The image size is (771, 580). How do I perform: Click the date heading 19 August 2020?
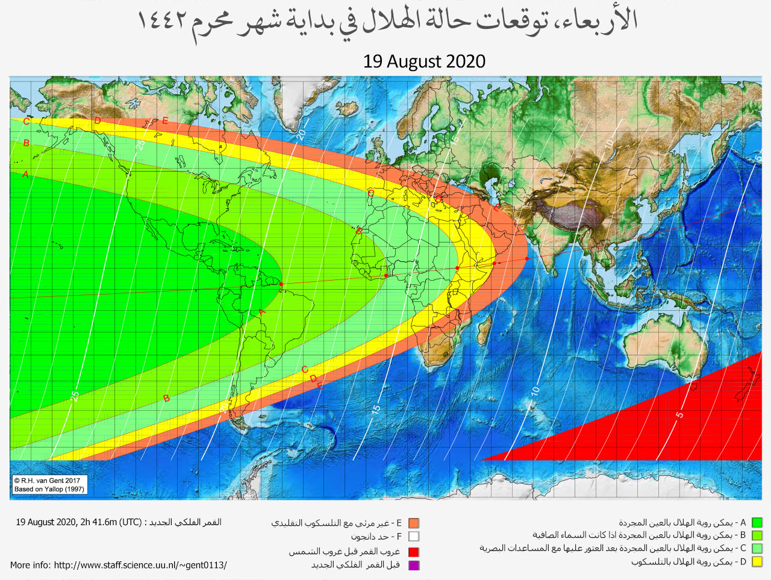424,61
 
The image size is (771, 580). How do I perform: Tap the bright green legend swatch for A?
757,523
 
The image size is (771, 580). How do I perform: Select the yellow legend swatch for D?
757,562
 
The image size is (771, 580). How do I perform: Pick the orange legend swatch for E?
413,523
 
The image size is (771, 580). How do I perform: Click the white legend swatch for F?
413,537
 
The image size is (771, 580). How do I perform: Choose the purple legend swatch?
413,565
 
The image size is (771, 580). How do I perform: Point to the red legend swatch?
413,552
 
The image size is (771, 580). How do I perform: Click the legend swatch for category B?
757,535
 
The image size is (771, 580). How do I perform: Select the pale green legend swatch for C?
757,549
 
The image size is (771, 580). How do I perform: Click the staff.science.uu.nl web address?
140,566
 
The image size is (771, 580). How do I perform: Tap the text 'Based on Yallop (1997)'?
49,489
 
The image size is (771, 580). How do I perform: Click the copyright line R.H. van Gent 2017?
48,481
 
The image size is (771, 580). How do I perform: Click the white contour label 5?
679,414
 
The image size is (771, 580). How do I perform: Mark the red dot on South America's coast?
281,284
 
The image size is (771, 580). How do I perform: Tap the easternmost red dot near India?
526,258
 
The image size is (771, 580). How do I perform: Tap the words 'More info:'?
31,566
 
